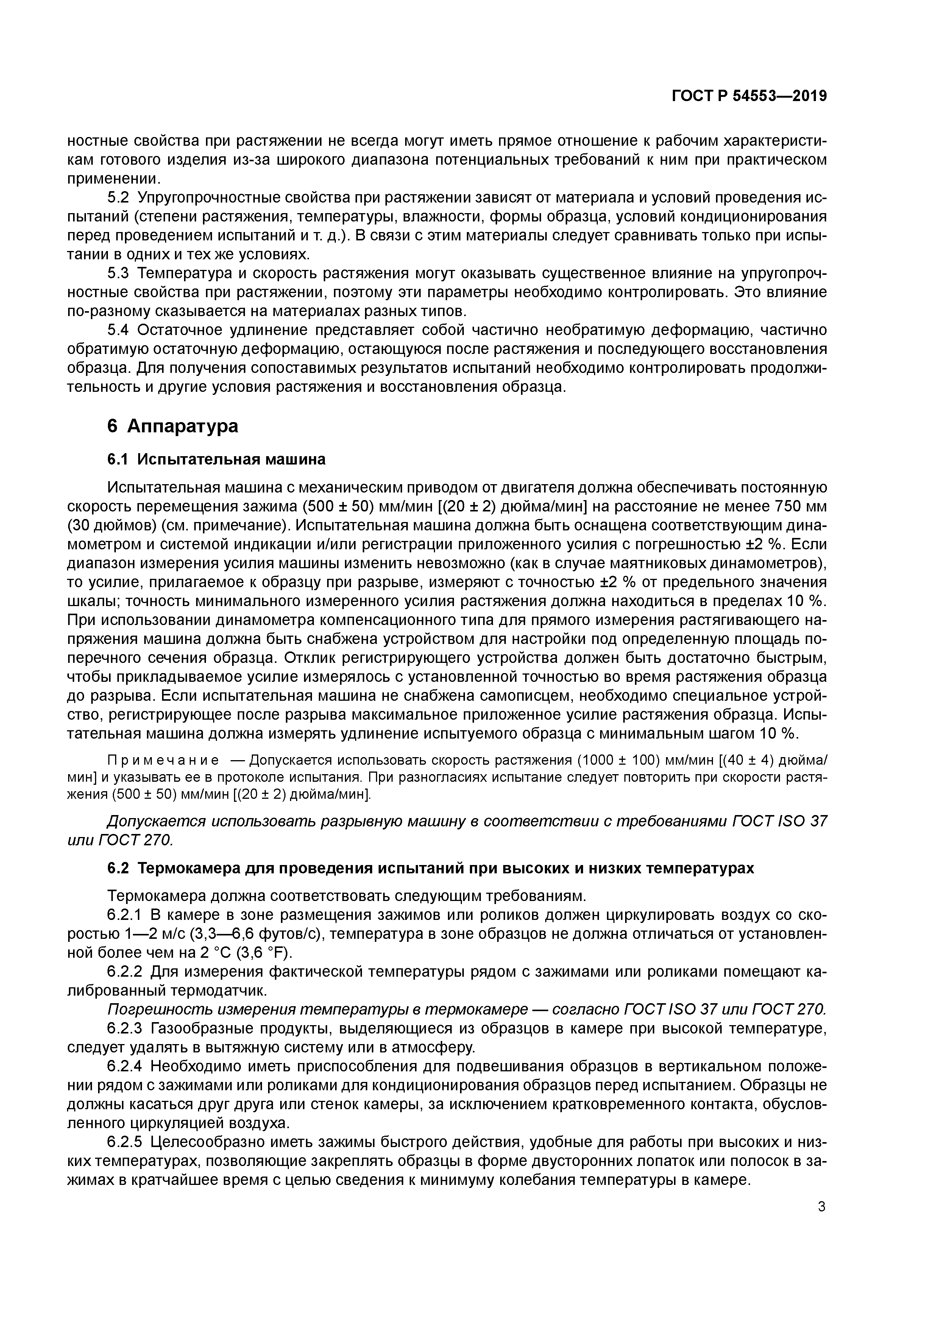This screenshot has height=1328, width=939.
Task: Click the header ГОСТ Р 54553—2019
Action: coord(749,97)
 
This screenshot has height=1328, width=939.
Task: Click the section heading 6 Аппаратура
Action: coord(172,426)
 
